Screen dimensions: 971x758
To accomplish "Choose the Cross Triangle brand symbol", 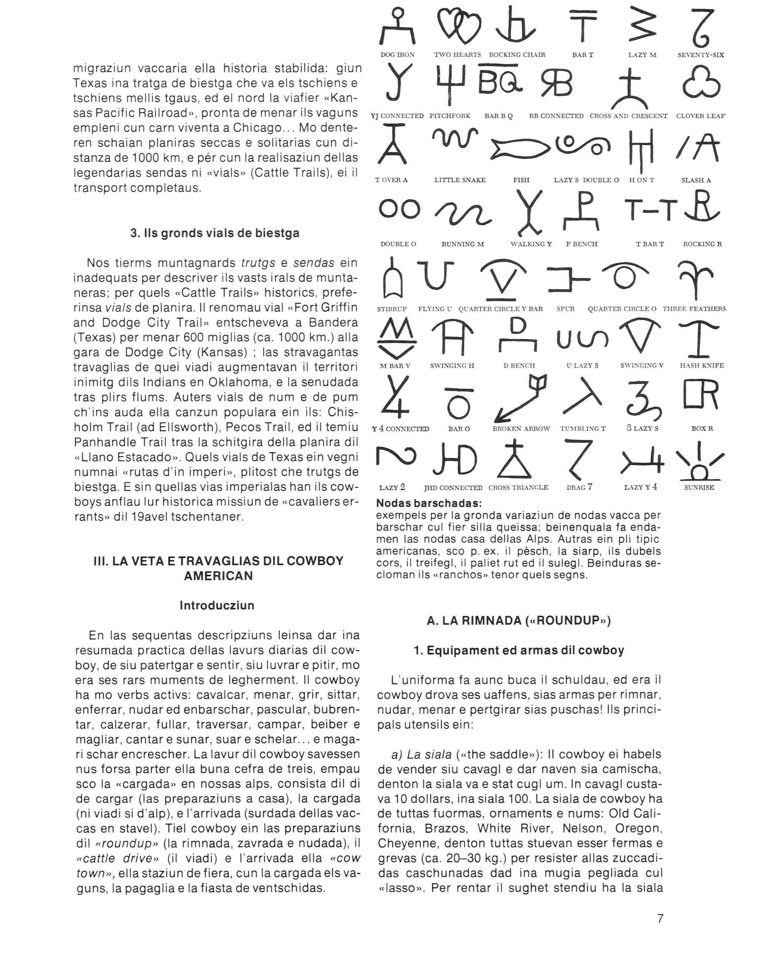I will click(518, 460).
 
